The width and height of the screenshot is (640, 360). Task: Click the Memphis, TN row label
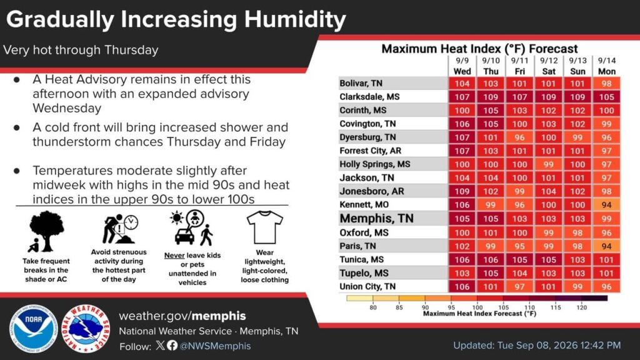click(376, 218)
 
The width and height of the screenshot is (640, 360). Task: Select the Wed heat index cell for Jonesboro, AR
click(462, 191)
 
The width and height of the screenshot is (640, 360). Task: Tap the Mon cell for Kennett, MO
click(606, 204)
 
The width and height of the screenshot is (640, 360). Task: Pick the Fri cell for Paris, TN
click(519, 246)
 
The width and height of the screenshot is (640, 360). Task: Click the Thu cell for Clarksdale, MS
click(491, 97)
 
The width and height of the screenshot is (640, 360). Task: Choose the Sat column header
click(549, 71)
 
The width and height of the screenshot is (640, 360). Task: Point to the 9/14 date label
click(606, 61)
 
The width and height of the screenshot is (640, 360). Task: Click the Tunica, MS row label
click(362, 259)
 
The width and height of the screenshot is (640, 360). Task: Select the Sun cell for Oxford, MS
click(577, 232)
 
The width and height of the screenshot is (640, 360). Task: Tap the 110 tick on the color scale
click(529, 307)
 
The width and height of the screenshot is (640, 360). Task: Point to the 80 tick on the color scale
click(373, 307)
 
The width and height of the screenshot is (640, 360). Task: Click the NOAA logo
click(34, 329)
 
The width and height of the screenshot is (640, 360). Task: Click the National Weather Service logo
click(86, 329)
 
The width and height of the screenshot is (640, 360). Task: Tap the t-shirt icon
click(264, 227)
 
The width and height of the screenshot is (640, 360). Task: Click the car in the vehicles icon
click(184, 236)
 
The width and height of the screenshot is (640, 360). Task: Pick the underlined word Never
click(174, 256)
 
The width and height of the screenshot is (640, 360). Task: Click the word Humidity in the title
click(295, 19)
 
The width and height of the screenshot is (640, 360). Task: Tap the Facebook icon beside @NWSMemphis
click(172, 345)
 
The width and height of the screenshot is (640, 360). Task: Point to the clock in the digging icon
click(131, 222)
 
